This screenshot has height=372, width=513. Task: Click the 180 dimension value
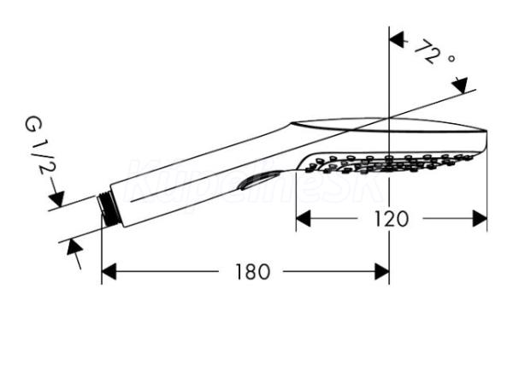(251, 272)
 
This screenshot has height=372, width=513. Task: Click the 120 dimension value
(392, 219)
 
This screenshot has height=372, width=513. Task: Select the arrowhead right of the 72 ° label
(462, 84)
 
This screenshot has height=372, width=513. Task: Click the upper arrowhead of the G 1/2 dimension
(56, 201)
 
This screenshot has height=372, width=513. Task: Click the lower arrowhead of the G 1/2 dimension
(72, 245)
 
